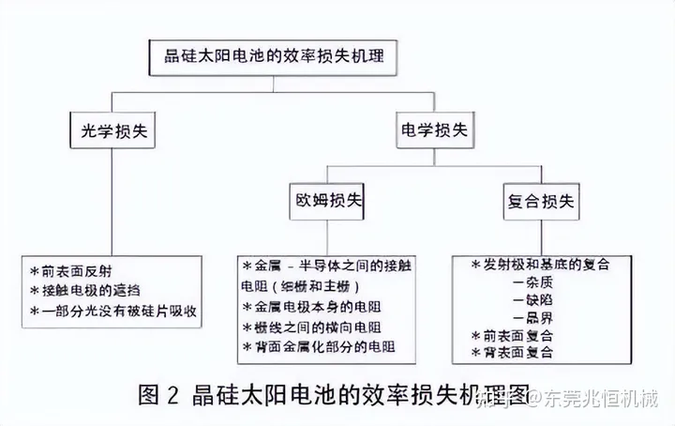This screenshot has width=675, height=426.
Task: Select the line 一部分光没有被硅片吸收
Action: tap(116, 309)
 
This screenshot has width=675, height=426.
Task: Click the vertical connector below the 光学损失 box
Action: tap(112, 197)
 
